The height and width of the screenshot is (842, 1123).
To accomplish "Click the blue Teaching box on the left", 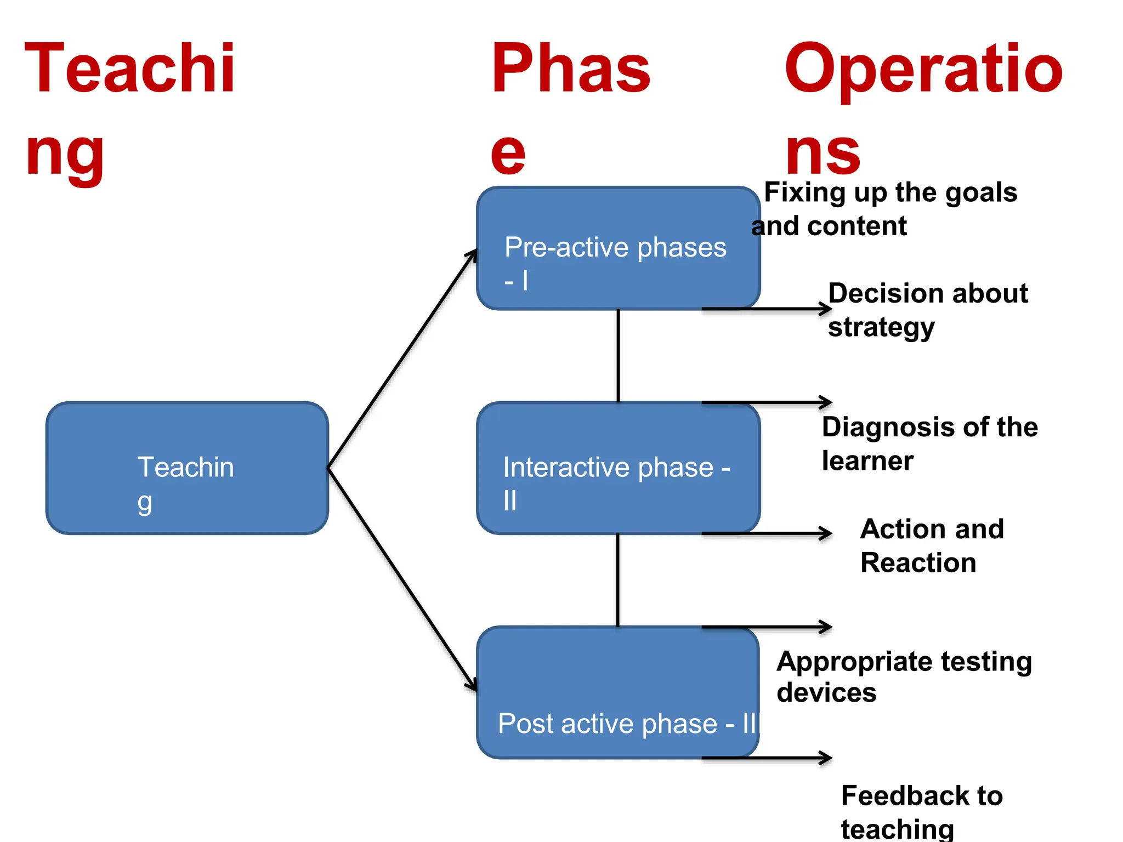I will click(x=187, y=468).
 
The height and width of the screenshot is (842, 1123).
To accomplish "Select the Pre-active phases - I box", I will click(x=618, y=248).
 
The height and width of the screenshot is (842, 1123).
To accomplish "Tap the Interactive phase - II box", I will click(x=618, y=468).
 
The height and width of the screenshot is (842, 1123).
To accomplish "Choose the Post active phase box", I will click(x=618, y=692).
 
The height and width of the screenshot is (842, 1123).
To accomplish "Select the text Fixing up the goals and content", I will click(x=884, y=209).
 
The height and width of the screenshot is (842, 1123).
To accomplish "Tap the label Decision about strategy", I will click(x=927, y=310).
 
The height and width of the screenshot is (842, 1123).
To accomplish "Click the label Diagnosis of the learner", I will click(x=929, y=443).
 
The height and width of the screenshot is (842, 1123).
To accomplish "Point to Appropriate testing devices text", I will click(x=904, y=676).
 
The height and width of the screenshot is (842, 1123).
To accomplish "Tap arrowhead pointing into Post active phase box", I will click(x=472, y=685).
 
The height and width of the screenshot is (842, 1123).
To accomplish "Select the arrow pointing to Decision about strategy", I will click(x=768, y=309).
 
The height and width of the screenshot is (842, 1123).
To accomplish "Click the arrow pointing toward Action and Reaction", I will click(x=768, y=533).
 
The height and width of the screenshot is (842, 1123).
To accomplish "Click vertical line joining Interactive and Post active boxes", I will click(x=618, y=580).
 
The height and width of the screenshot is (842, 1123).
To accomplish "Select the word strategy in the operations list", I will click(x=881, y=328).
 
